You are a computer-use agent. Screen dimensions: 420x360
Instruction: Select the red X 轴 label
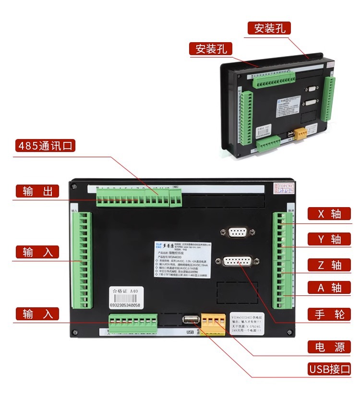(x=329, y=213)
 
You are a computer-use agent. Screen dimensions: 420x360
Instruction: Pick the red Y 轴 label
(x=329, y=239)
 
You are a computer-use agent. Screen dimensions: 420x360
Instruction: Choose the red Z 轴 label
(x=329, y=264)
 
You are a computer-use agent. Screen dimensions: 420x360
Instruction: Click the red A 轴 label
(x=329, y=288)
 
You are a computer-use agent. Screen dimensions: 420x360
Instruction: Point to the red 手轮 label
(x=329, y=314)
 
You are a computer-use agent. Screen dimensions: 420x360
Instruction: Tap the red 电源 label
(x=329, y=347)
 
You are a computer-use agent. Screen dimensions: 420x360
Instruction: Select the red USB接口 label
(x=329, y=369)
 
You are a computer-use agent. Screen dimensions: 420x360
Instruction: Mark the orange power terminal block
(x=213, y=324)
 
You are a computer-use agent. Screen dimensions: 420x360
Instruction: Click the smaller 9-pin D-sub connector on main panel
(x=237, y=233)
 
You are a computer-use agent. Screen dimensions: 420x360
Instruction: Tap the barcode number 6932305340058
(x=125, y=305)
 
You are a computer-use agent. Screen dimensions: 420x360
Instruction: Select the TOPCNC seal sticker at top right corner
(x=288, y=187)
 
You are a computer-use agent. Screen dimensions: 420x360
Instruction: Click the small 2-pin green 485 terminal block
(x=175, y=198)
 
